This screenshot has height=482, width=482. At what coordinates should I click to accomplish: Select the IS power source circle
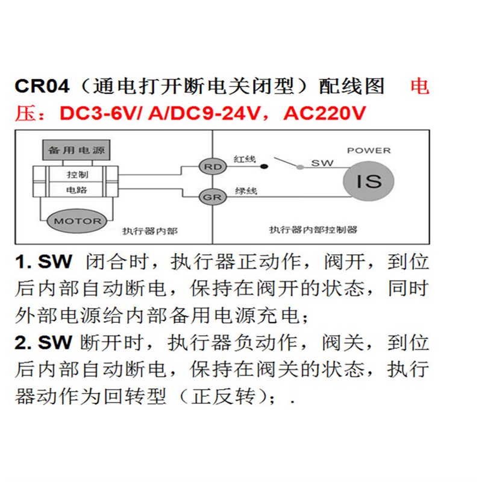pos(368,181)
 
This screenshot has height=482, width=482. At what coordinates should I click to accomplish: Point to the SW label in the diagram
pos(322,163)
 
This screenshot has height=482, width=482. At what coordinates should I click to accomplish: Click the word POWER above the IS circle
pos(369,150)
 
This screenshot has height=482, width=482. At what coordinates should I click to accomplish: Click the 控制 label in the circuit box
pos(77,174)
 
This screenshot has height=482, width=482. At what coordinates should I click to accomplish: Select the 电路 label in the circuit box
pos(77,190)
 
